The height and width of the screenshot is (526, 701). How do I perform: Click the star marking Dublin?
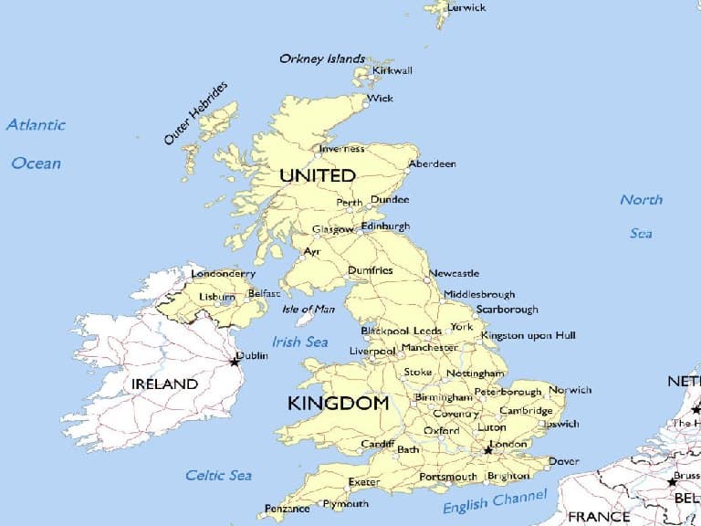pyautogui.click(x=235, y=362)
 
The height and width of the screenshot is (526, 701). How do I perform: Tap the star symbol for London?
pyautogui.click(x=488, y=449)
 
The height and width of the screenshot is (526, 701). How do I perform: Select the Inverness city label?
pyautogui.click(x=341, y=148)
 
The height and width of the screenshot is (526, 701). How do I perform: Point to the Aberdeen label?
pyautogui.click(x=432, y=164)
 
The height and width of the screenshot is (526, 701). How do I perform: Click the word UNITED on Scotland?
pyautogui.click(x=317, y=174)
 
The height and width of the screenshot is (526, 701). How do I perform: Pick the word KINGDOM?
pyautogui.click(x=338, y=403)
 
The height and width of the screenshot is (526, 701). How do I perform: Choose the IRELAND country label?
pyautogui.click(x=164, y=384)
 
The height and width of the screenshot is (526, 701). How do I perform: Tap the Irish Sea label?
pyautogui.click(x=299, y=342)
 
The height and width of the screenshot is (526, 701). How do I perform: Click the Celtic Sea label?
pyautogui.click(x=218, y=475)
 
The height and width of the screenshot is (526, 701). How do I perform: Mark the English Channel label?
pyautogui.click(x=495, y=501)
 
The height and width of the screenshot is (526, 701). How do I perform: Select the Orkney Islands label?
pyautogui.click(x=322, y=58)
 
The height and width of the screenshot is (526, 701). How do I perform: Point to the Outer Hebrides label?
pyautogui.click(x=196, y=113)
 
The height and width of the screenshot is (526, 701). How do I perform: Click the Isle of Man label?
pyautogui.click(x=309, y=309)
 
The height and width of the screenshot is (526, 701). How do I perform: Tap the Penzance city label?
pyautogui.click(x=288, y=509)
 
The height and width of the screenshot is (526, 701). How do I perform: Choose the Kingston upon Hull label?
pyautogui.click(x=528, y=336)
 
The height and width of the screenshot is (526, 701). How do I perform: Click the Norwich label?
pyautogui.click(x=570, y=390)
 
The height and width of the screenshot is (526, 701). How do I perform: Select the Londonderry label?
pyautogui.click(x=223, y=274)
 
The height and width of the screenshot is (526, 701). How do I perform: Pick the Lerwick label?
pyautogui.click(x=466, y=7)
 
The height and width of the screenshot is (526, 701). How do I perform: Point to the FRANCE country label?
pyautogui.click(x=599, y=517)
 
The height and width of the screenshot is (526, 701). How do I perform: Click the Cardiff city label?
pyautogui.click(x=377, y=444)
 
